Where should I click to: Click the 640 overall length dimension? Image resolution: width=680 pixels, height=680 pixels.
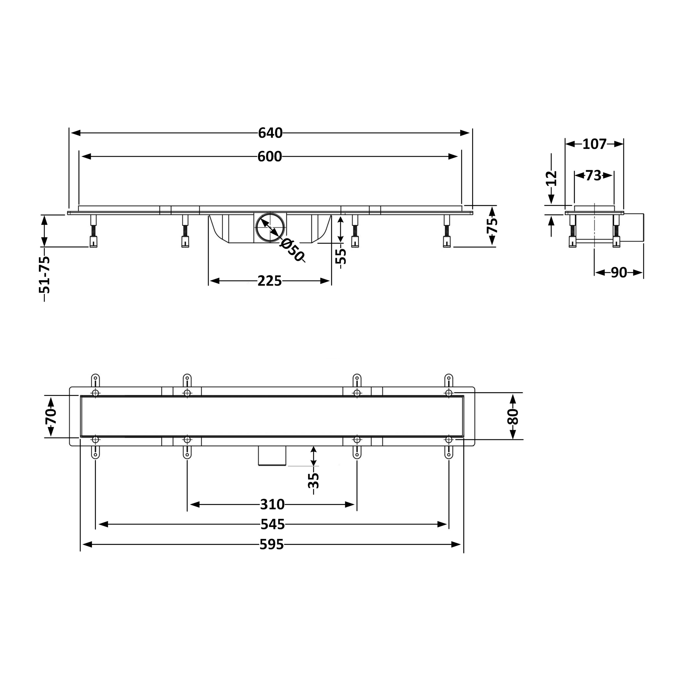[270, 133]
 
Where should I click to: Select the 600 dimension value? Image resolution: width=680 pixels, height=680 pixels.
[270, 157]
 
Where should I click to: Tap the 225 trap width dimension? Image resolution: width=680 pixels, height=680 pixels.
[270, 281]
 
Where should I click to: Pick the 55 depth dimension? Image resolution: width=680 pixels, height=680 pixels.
[341, 256]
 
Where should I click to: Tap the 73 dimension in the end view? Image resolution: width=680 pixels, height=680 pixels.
[594, 175]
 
